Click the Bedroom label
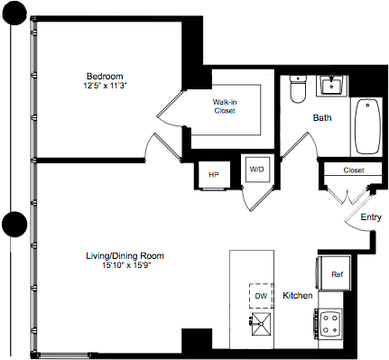105,75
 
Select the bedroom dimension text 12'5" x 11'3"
105,86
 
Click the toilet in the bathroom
299,91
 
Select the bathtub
369,127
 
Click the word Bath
322,118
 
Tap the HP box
214,174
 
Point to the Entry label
371,217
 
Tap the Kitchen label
298,296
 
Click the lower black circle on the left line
13,224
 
